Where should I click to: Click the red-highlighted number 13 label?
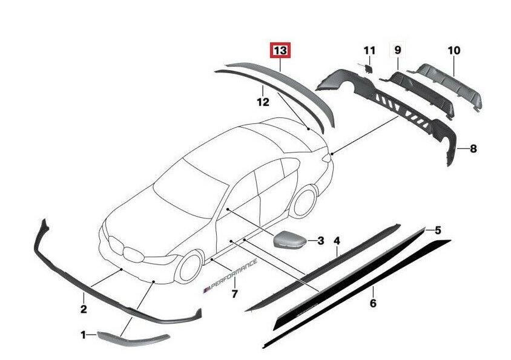(280, 51)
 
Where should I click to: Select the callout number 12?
(263, 102)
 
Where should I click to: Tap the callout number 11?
(369, 50)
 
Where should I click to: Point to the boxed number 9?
(398, 50)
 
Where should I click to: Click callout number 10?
(454, 50)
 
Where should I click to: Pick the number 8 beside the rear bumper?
(473, 149)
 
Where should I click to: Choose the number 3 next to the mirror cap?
(321, 241)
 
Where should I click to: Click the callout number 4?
(337, 241)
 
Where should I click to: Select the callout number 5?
(438, 231)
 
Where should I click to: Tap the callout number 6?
(373, 303)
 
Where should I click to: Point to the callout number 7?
(234, 294)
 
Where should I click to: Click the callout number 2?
(84, 309)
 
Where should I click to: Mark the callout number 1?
(84, 335)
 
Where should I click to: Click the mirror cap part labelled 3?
(289, 240)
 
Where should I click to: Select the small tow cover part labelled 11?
(368, 68)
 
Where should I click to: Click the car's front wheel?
(190, 268)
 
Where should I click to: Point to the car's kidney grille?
(125, 249)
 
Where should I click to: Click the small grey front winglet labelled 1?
(133, 338)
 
